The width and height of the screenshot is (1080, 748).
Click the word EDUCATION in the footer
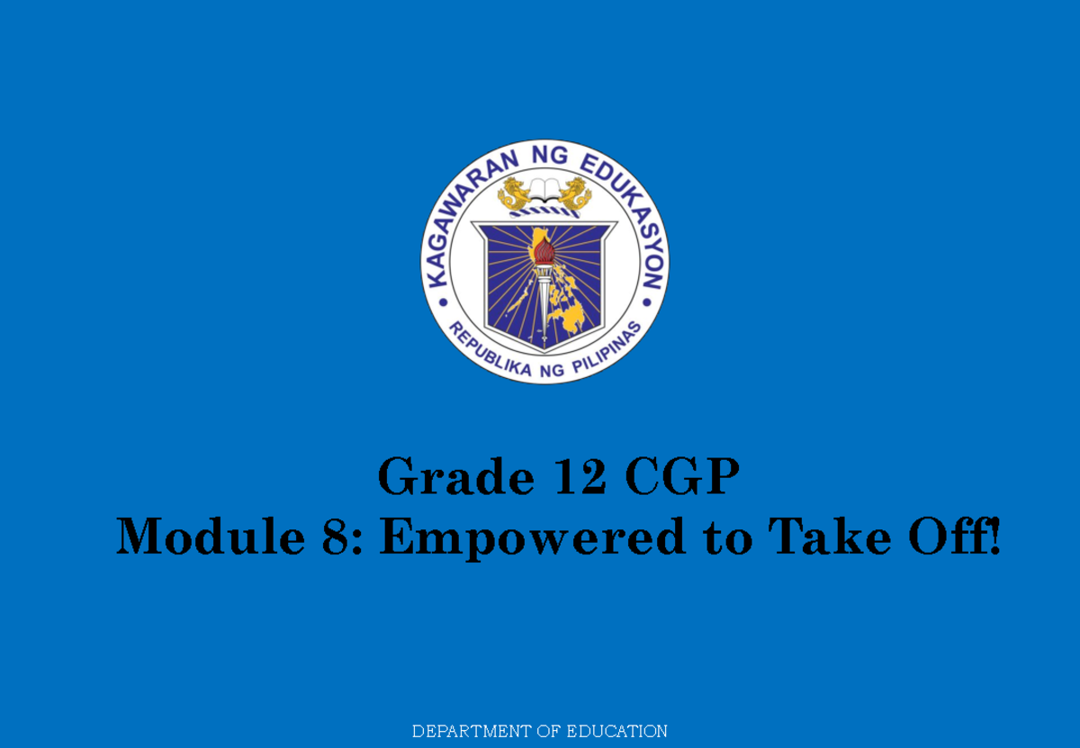(616, 731)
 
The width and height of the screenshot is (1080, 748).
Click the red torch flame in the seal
(544, 253)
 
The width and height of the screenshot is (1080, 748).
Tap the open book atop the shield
(544, 190)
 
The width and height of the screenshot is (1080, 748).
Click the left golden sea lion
(515, 194)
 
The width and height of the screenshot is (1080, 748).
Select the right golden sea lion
(574, 194)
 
